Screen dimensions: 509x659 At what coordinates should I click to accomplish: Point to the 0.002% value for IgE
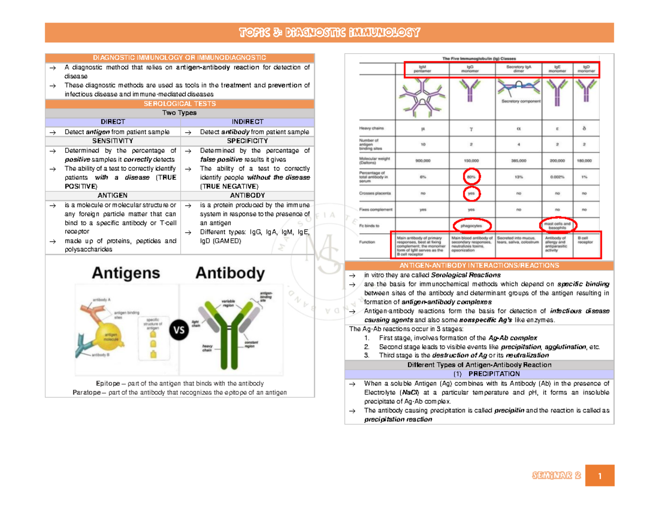tap(557, 177)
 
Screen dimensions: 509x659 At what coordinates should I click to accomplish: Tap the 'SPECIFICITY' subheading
tap(247, 141)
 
